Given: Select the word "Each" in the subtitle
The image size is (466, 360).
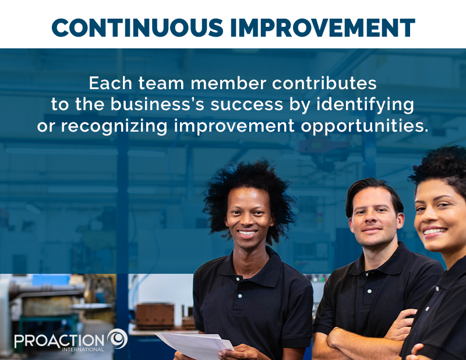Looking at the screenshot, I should coord(107,83).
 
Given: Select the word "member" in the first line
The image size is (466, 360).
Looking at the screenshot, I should coord(220,83).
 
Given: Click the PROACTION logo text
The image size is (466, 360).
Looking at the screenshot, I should coord(59,340).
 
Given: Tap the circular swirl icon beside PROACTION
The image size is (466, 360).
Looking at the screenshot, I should coord(117,338).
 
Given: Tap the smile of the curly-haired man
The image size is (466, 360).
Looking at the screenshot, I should coord(248,233).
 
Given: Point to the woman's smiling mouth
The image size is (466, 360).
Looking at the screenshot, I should coord(434,232).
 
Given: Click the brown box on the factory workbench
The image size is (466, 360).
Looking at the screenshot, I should coord(155,315).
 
